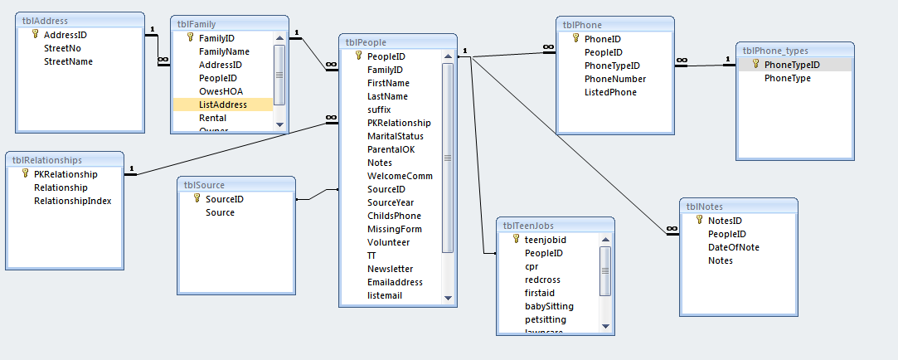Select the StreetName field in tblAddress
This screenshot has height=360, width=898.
coord(68,61)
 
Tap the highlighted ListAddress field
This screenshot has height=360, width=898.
coord(222,105)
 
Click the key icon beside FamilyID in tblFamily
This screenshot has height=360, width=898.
coord(189,38)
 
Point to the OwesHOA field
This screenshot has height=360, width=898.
coord(221,91)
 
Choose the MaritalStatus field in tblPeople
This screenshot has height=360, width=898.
coord(395,136)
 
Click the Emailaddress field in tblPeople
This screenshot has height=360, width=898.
coord(395,282)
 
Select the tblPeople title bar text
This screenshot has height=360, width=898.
coord(365,42)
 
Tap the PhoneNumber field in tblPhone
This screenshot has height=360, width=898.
coord(615,79)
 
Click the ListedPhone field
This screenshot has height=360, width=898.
coord(610,92)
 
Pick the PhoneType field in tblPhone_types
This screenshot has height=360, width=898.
coord(788,78)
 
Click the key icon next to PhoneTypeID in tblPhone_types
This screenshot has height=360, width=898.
coord(755,65)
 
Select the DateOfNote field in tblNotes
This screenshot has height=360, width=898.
coord(733,247)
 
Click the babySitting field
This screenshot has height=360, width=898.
coord(549,306)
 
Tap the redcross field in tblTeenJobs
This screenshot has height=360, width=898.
coord(542,280)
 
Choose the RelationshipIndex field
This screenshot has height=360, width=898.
coord(72,201)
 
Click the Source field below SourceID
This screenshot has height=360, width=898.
coord(220,212)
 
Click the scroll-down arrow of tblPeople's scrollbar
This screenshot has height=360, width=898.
coord(448,297)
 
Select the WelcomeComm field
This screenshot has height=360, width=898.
coord(400,176)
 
